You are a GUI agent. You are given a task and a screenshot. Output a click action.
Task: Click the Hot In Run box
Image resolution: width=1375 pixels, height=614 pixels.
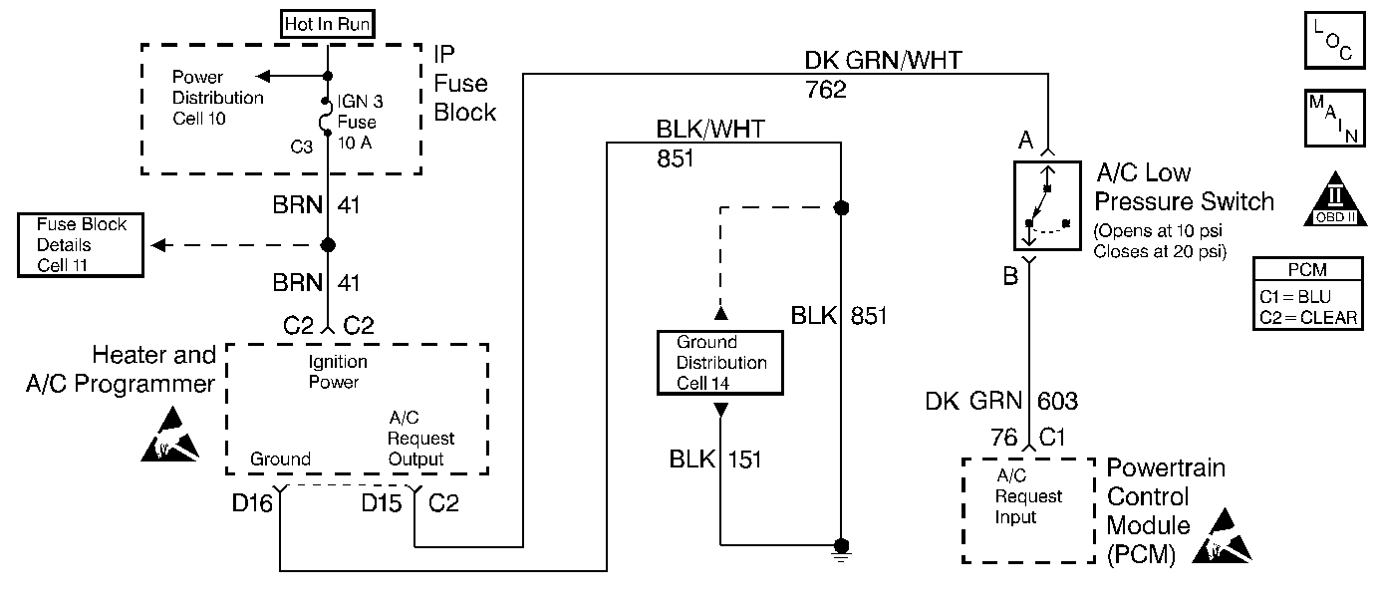point(328,24)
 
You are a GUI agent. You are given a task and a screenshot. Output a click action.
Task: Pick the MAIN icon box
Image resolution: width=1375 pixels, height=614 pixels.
point(1332,121)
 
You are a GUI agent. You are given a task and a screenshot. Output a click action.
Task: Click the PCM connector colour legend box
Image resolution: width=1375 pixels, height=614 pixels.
point(1307,295)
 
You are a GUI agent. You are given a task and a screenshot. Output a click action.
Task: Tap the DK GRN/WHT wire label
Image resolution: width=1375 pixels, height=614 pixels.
point(883,61)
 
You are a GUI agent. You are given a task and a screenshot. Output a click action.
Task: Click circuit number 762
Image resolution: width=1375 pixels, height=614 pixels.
point(825,90)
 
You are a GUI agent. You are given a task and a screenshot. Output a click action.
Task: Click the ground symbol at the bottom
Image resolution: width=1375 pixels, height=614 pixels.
point(842,548)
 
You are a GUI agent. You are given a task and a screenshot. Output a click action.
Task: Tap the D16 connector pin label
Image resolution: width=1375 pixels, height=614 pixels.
point(252,504)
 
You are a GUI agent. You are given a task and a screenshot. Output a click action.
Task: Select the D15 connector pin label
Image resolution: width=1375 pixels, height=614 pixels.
point(383,504)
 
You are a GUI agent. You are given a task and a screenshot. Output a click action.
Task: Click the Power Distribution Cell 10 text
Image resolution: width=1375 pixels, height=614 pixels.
point(217,98)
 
